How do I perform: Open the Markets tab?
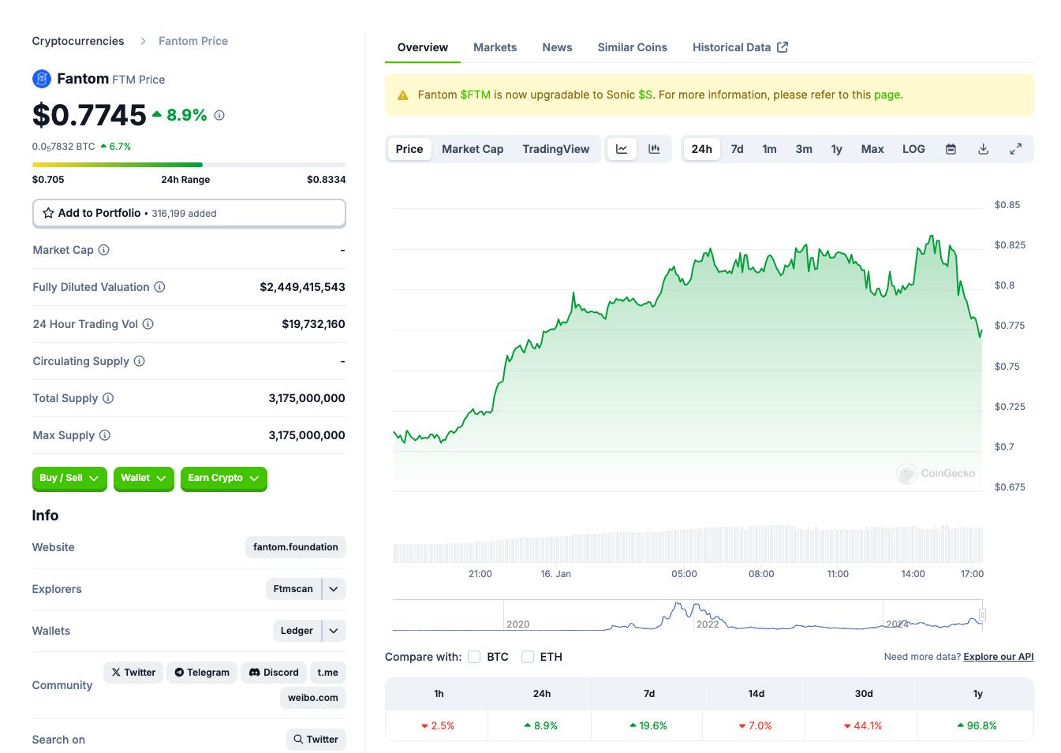point(495,47)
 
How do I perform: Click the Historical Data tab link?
point(740,47)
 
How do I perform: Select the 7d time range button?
point(737,149)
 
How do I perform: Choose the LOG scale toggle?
point(913,149)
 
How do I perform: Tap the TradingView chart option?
point(555,149)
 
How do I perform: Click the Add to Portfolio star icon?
point(48,213)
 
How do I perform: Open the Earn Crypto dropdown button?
point(223,479)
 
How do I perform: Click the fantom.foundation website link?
point(296,547)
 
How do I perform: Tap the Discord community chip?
point(274,673)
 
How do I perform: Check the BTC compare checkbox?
point(474,657)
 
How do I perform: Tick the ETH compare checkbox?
point(528,657)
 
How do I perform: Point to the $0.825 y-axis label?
point(1010,245)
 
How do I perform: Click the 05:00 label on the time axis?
point(684,574)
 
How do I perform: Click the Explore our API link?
point(999,657)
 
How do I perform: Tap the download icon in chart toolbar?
point(984,149)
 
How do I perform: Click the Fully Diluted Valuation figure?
point(302,287)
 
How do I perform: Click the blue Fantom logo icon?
point(42,79)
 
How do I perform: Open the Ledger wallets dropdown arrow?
point(334,631)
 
